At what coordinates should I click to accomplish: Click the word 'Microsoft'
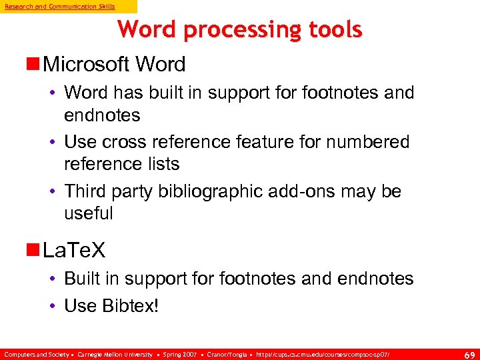[85, 65]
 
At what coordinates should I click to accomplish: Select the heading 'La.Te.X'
[73, 251]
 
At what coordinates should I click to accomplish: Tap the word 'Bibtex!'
[131, 306]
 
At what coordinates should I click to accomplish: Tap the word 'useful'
[89, 213]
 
